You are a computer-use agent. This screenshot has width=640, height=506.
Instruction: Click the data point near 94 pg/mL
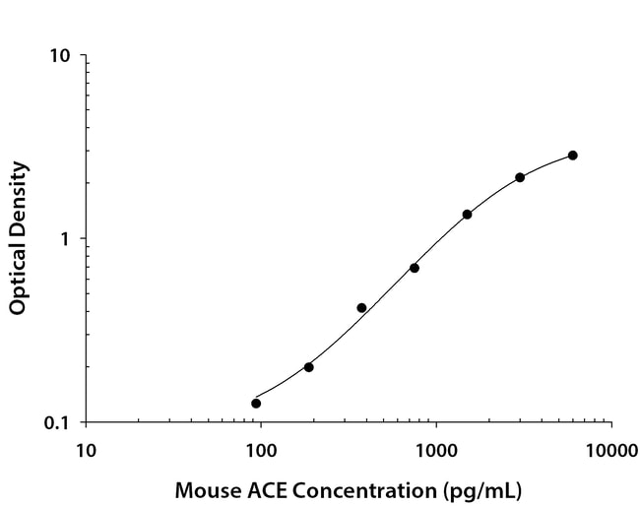coord(256,403)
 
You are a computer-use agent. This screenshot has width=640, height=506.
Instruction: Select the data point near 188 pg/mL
coord(308,367)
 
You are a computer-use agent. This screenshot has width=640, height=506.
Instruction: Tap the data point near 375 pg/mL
coord(361,308)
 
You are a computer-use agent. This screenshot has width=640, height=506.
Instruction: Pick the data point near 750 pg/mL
coord(415,268)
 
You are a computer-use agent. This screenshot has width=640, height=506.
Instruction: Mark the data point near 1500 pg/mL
coord(467,215)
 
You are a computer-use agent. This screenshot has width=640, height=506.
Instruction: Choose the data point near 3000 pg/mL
coord(520,177)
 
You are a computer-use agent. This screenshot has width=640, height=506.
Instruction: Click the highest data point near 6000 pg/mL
coord(572,156)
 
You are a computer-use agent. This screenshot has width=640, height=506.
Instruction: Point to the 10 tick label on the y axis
coord(60,55)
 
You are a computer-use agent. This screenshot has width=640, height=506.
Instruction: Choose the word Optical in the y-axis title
coord(18,278)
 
